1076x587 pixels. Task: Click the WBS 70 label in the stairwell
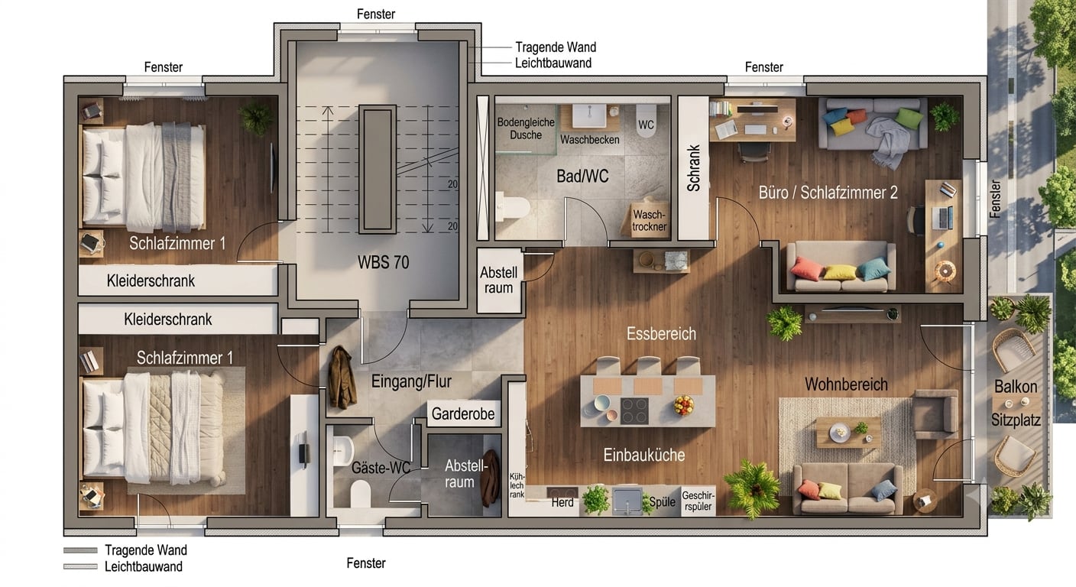click(384, 262)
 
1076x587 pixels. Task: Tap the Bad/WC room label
click(582, 177)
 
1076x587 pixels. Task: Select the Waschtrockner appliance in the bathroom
click(648, 219)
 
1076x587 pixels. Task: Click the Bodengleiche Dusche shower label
click(526, 128)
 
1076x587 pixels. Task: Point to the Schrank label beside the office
click(693, 168)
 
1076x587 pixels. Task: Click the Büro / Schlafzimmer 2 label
click(828, 193)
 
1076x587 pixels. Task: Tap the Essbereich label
click(661, 334)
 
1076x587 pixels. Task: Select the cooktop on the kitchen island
click(634, 410)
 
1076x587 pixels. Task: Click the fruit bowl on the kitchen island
click(683, 404)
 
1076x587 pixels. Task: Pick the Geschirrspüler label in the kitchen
click(698, 501)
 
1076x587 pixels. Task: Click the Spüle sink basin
click(627, 501)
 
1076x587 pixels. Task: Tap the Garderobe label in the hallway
click(462, 413)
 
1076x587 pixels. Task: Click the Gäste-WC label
click(381, 468)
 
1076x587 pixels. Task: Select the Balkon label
click(1016, 387)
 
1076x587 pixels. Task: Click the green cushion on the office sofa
click(909, 118)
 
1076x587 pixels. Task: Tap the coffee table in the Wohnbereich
click(848, 433)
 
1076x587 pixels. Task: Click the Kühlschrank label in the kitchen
click(517, 485)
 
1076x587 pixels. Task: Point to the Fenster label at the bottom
click(366, 563)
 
